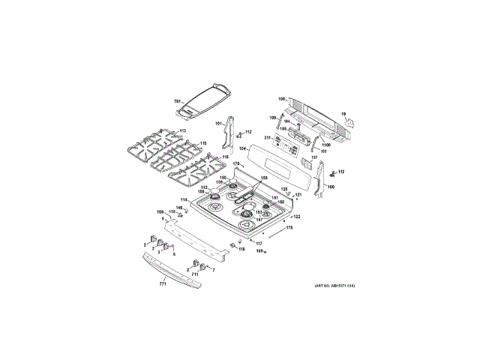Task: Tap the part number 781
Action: pyautogui.click(x=178, y=101)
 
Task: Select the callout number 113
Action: pyautogui.click(x=181, y=132)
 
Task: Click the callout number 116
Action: pyautogui.click(x=224, y=157)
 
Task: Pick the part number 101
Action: pyautogui.click(x=219, y=123)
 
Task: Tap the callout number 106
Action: pyautogui.click(x=281, y=99)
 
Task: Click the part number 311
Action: pyautogui.click(x=268, y=138)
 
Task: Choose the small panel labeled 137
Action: pyautogui.click(x=306, y=160)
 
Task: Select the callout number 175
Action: pyautogui.click(x=289, y=226)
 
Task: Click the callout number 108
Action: pyautogui.click(x=159, y=213)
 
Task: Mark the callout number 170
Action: pyautogui.click(x=235, y=163)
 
